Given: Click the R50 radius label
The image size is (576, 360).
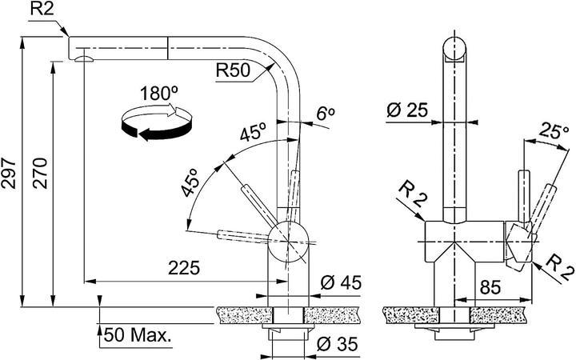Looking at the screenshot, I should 233,70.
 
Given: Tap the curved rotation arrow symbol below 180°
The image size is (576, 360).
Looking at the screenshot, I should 155,124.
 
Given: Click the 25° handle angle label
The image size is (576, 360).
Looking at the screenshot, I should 554,130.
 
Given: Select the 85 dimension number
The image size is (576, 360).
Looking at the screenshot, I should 491,286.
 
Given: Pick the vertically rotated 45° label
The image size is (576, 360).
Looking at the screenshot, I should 190,185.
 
